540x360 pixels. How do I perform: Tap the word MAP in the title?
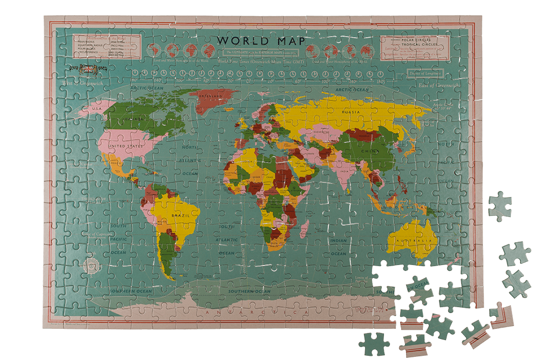(x=288, y=41)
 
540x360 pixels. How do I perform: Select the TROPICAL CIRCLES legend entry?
(x=419, y=45)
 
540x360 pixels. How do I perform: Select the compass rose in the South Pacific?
(x=92, y=266)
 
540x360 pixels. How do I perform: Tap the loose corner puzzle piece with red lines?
(x=501, y=316)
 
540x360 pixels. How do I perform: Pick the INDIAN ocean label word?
(x=339, y=241)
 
